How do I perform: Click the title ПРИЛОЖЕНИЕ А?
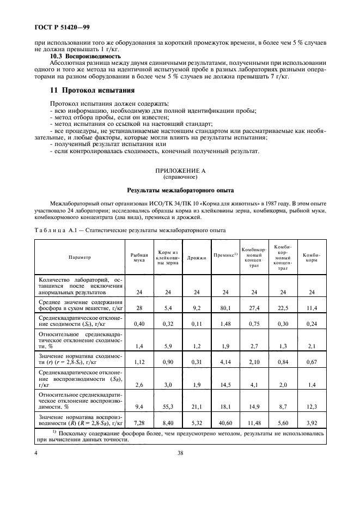[180, 171]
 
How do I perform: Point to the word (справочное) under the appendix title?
[180, 178]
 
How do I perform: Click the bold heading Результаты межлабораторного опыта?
[180, 191]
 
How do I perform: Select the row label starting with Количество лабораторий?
[80, 286]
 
